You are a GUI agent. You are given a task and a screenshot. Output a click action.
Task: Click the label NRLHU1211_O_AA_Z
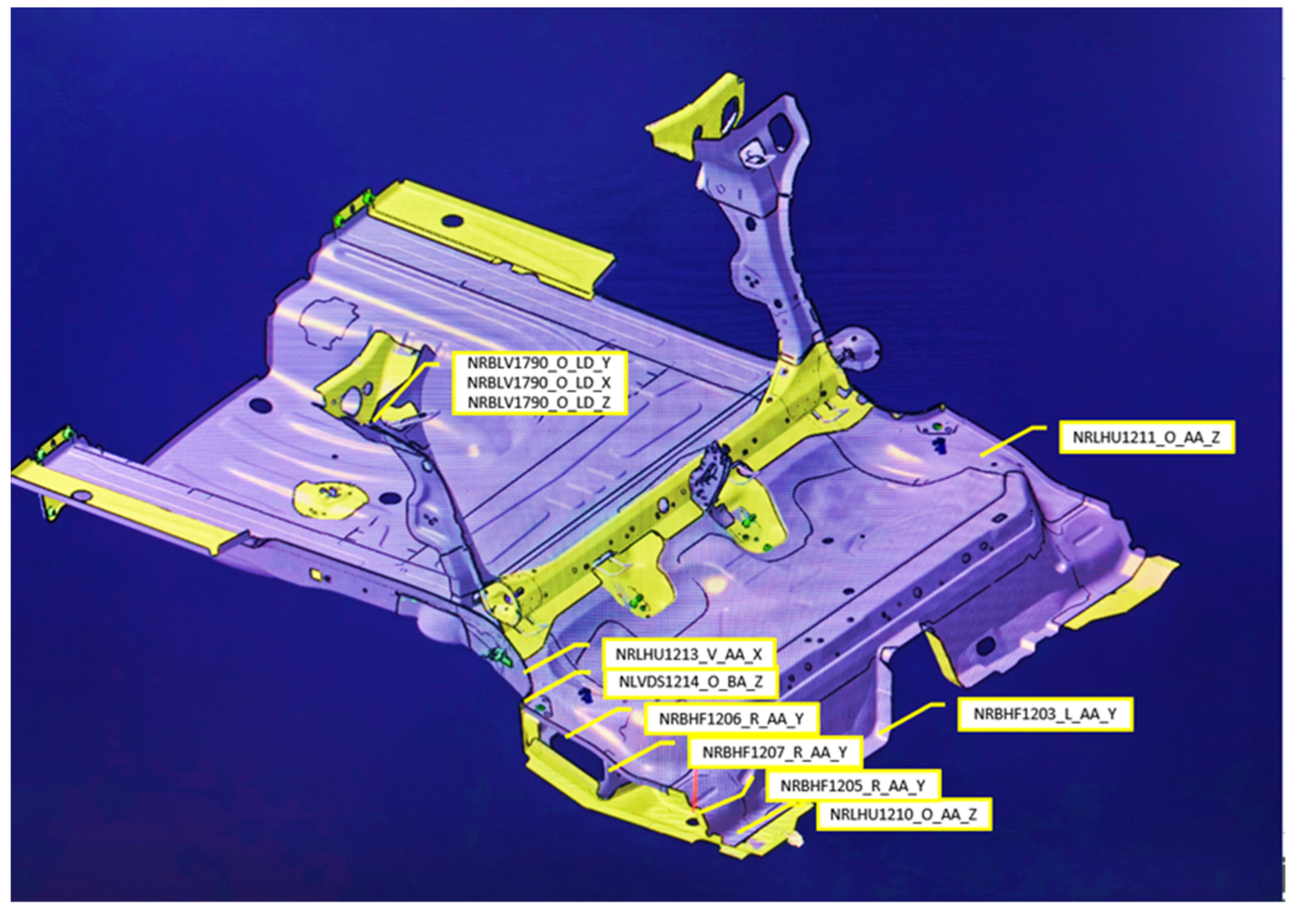click(1147, 437)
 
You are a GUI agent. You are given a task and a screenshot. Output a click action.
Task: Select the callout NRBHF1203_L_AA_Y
click(1045, 714)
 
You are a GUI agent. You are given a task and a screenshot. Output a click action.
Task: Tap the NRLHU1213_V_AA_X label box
click(689, 654)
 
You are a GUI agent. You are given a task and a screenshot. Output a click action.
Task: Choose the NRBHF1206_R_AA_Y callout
click(731, 719)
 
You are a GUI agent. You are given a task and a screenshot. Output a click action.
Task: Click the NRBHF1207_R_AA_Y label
click(774, 752)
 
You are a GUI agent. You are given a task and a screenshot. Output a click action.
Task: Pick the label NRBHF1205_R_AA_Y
click(853, 785)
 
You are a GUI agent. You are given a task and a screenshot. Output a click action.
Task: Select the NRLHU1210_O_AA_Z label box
click(904, 814)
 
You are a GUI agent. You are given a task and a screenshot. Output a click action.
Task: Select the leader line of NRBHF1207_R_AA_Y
click(643, 756)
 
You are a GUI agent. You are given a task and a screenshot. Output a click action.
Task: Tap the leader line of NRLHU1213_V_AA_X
click(556, 657)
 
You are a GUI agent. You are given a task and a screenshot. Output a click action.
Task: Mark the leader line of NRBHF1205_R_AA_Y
click(728, 794)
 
